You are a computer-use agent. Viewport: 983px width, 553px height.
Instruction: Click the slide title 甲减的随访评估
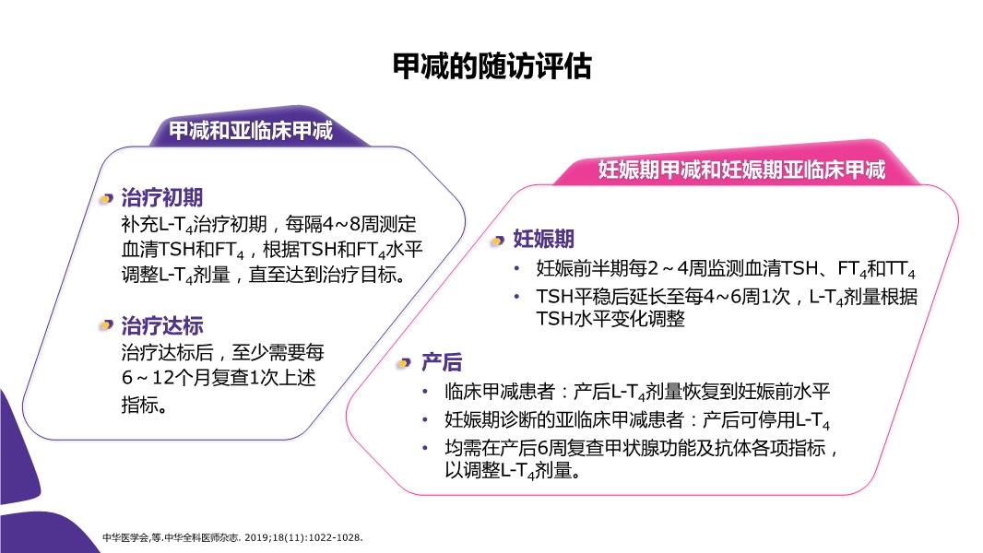(492, 65)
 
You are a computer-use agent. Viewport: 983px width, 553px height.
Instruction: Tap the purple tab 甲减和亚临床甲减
(251, 131)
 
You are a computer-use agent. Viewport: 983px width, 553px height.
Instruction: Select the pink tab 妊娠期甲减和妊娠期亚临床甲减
(741, 169)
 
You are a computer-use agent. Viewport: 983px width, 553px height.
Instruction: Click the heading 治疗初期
(161, 197)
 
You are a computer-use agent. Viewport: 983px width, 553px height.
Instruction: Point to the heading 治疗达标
(161, 325)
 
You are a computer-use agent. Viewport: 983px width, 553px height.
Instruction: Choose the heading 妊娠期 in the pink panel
(543, 239)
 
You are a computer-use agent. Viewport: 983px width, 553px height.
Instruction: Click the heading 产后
(442, 362)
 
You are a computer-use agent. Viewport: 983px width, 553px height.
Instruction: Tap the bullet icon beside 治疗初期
(106, 199)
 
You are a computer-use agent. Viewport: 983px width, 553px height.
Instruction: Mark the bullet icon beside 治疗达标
(106, 325)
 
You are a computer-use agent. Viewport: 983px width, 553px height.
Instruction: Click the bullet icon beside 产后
(405, 363)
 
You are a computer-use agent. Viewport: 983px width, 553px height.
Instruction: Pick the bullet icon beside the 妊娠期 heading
(498, 241)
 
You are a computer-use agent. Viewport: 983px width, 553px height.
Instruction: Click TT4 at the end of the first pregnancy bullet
(901, 270)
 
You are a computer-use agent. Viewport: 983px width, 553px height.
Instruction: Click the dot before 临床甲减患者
(425, 392)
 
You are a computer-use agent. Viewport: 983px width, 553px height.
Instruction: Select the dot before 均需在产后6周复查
(425, 448)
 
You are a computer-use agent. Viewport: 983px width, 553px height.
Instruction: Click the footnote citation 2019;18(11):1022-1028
(303, 537)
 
